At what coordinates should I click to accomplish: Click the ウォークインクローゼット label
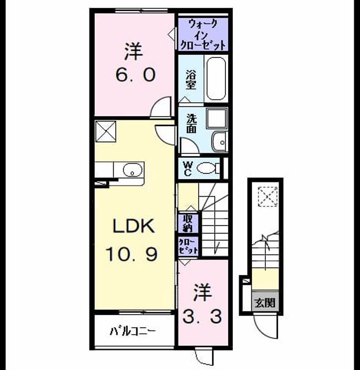coord(203,35)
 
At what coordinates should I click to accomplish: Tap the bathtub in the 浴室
coord(216,79)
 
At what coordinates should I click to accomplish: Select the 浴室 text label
coord(191,80)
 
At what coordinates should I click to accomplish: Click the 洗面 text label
coord(192,124)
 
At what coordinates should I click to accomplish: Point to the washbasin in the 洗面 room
coord(220,142)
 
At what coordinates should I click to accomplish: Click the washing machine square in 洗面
coord(217,118)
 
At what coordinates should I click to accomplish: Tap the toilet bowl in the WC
coord(208,168)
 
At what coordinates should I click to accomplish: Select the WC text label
coord(188,168)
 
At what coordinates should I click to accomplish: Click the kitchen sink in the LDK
coord(132,170)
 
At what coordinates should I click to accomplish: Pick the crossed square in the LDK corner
coord(106,131)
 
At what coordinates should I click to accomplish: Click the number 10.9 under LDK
coord(131,254)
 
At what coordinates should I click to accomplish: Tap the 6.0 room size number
coord(135,75)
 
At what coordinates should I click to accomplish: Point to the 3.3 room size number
coord(202,316)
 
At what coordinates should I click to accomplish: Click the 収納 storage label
coord(188,223)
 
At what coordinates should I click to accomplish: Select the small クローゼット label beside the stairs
coord(188,247)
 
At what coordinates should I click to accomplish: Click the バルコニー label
coord(132,331)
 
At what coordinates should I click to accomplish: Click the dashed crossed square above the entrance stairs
coord(268,197)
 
